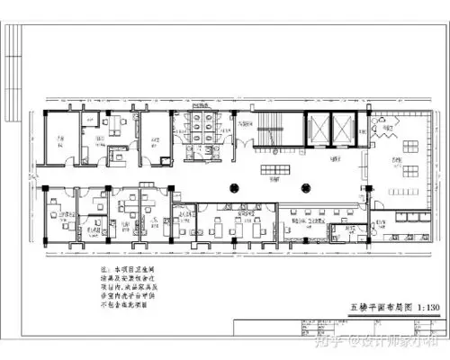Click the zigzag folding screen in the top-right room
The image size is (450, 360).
coord(385,130)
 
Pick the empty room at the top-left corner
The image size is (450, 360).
coord(58,139)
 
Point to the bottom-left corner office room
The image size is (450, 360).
coord(61,220)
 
